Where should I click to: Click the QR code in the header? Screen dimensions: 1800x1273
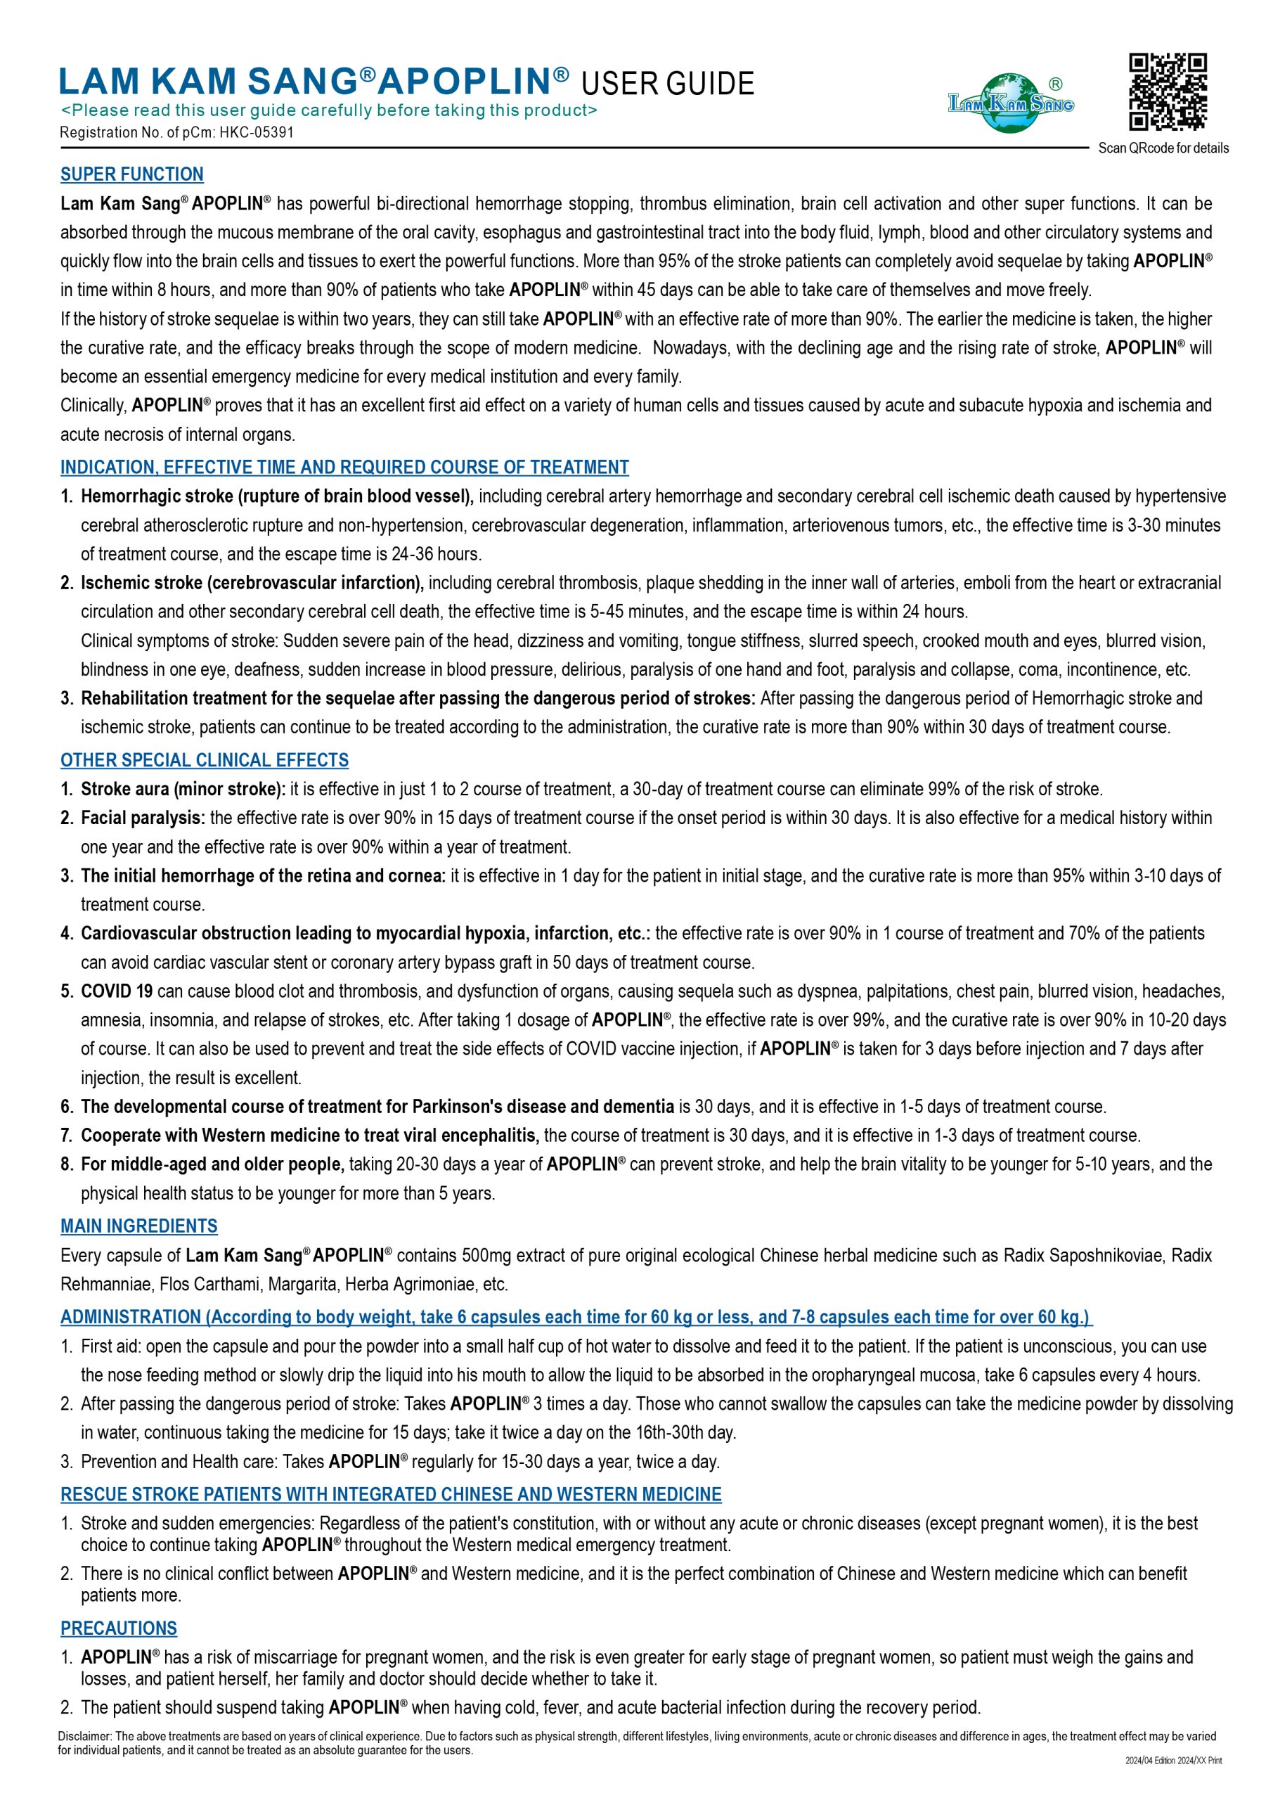tap(1167, 91)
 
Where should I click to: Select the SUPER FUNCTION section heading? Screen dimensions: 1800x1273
tap(131, 174)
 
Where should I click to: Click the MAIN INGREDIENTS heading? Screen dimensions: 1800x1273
tap(138, 1226)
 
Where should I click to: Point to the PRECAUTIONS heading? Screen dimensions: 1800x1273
tap(119, 1628)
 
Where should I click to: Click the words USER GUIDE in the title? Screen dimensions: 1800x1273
tap(668, 84)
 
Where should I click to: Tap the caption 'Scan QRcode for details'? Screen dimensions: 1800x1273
tap(1163, 148)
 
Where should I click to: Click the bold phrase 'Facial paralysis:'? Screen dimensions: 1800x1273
tap(143, 818)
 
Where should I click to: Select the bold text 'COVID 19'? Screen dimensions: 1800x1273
tap(117, 991)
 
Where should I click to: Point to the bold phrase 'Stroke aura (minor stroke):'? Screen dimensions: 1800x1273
tap(183, 789)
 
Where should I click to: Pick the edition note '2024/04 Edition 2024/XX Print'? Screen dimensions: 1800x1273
tap(1173, 1760)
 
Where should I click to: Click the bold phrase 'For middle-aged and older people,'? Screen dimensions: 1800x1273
tap(212, 1164)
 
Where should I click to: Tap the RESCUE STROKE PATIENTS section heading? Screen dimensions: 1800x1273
tap(390, 1494)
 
